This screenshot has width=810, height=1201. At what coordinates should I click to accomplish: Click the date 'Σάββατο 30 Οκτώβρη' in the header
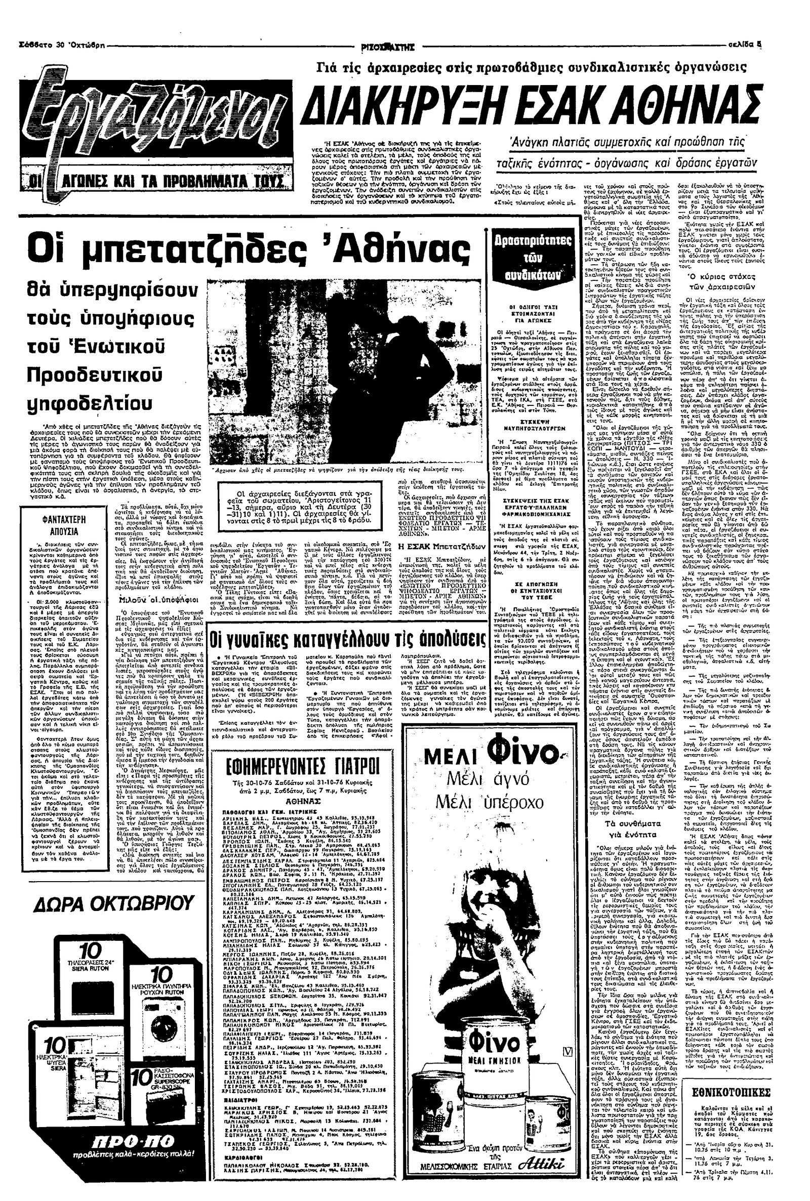tap(61, 45)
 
